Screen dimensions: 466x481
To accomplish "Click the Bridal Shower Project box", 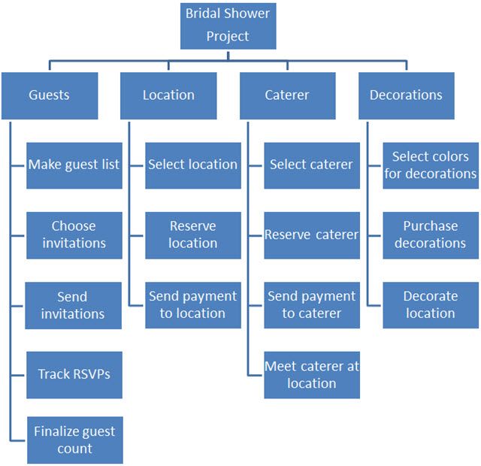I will point(228,25).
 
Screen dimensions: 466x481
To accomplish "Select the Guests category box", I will point(49,95).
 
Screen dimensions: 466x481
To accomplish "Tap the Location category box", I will point(168,95).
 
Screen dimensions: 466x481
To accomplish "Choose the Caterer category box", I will point(287,95).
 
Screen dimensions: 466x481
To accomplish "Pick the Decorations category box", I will point(406,95).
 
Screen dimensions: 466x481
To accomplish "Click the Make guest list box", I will point(74,165).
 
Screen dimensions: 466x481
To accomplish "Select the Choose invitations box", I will point(74,235).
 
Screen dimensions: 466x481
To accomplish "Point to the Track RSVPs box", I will point(74,374).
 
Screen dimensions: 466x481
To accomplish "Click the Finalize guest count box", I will point(74,440).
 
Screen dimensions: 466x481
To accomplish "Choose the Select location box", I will point(192,165).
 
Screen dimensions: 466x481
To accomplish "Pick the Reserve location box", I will point(192,235).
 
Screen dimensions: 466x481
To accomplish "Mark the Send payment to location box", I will point(192,304).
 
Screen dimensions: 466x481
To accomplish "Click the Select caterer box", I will point(311,165).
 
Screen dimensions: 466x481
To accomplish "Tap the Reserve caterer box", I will point(311,235).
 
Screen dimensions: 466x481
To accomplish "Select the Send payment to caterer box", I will point(311,304).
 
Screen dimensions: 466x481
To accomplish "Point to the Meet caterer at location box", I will point(311,374).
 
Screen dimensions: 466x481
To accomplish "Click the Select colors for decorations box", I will point(431,165).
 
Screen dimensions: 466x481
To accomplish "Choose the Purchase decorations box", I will point(431,235).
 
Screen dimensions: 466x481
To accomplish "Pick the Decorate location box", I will point(431,304).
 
